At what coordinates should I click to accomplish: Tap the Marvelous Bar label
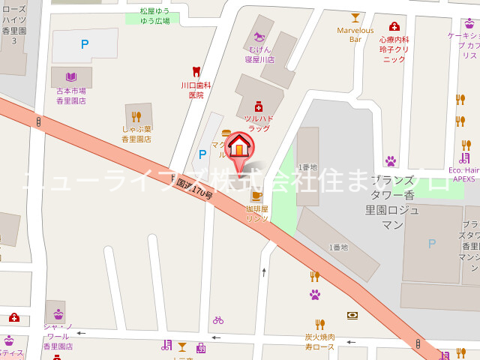point(355,35)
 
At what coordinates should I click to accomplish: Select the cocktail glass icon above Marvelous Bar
point(355,18)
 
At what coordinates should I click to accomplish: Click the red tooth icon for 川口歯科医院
point(196,72)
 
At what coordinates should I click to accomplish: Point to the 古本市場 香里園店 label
point(71,96)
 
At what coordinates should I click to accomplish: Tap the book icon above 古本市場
point(71,76)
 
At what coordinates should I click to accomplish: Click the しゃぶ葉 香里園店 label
point(136,134)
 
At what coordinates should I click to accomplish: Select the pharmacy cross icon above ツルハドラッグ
point(258,106)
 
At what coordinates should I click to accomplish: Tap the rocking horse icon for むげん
point(260,35)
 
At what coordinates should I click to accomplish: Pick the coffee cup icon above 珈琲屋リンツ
point(256,196)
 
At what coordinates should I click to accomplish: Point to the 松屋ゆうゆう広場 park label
point(154,16)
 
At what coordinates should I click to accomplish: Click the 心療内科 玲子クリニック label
point(394,49)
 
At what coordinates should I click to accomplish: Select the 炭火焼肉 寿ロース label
point(319,342)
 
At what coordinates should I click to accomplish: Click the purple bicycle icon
point(217,319)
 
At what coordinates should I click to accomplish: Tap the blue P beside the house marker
point(201,154)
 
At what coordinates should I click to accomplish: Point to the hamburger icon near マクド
point(226,133)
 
